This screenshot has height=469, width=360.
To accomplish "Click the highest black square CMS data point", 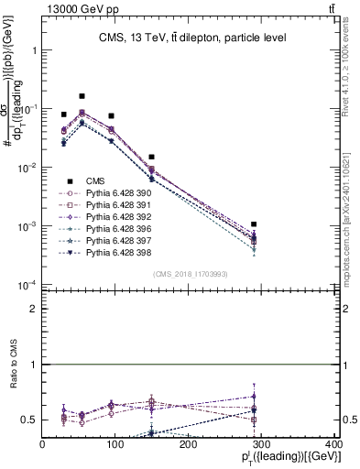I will click(x=82, y=96).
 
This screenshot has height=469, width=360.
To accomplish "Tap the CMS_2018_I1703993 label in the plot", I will click(x=190, y=274).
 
